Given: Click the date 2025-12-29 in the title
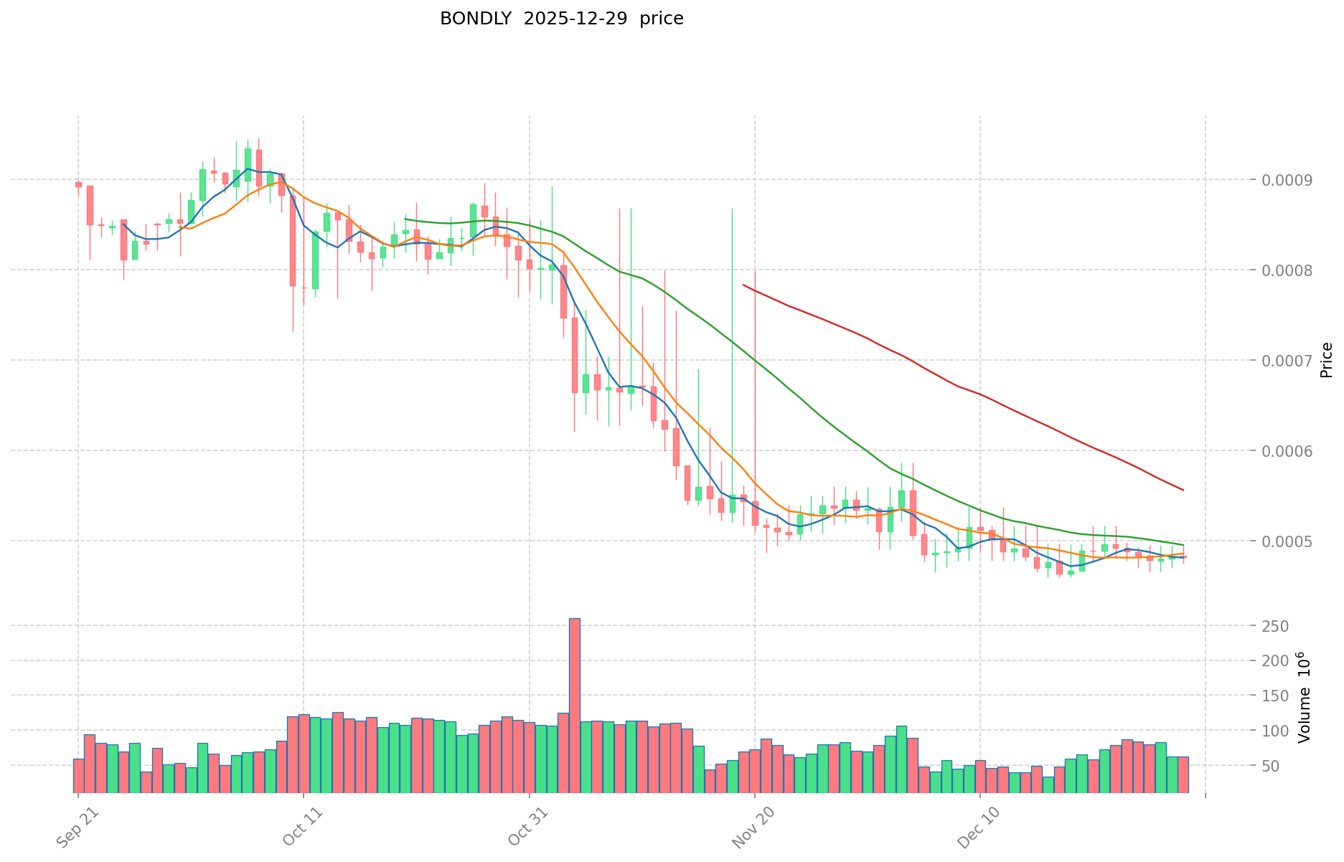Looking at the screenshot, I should point(574,19).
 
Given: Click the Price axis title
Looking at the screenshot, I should point(1326,360).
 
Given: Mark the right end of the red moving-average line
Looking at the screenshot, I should point(1183,490).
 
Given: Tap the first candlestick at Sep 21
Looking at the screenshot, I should point(78,185).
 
